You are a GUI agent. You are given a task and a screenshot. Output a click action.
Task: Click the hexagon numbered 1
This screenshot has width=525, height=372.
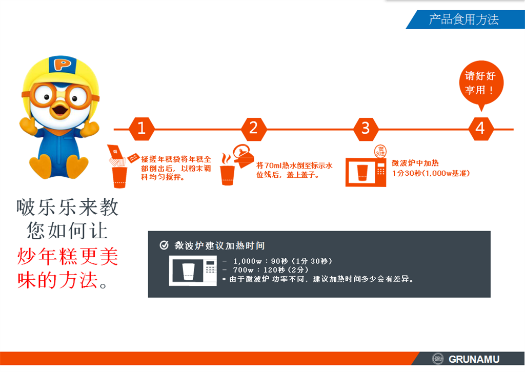[x=142, y=129]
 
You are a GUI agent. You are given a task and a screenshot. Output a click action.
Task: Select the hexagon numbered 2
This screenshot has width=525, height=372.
[x=254, y=129]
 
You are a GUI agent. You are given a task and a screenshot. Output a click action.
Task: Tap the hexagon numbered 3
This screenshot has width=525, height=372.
[x=366, y=129]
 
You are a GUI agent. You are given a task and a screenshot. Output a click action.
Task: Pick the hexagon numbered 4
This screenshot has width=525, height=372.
[x=480, y=129]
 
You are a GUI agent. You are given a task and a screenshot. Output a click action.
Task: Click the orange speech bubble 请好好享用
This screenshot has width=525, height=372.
[x=481, y=83]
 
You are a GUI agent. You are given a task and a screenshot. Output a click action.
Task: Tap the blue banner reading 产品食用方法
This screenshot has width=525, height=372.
[x=465, y=19]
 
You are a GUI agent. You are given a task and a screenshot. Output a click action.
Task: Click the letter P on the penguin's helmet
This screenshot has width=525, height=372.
[x=62, y=64]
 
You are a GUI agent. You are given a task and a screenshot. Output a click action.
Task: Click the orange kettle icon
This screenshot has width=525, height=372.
[x=243, y=156]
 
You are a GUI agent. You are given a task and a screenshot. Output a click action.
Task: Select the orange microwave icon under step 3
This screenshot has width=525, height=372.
[x=366, y=172]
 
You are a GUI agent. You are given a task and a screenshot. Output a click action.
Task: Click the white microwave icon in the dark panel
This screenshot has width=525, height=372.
[x=193, y=271]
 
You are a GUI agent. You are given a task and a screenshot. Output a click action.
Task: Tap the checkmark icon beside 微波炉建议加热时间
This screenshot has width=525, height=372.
[x=164, y=245]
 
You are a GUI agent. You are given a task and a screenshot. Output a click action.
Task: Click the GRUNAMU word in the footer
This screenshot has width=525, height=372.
[x=474, y=359]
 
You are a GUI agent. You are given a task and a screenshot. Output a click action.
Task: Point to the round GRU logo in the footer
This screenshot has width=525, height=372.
[x=438, y=359]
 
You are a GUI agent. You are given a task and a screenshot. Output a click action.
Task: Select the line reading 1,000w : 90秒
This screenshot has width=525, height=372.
[x=277, y=261]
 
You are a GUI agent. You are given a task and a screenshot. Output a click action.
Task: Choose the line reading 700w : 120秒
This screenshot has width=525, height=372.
[x=265, y=270]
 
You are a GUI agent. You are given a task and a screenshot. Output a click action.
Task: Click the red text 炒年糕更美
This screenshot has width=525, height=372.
[x=68, y=257]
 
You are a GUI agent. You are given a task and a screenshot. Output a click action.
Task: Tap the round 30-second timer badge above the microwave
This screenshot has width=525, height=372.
[x=380, y=152]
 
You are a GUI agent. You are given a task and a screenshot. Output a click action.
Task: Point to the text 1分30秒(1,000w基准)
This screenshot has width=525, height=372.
[x=431, y=173]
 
